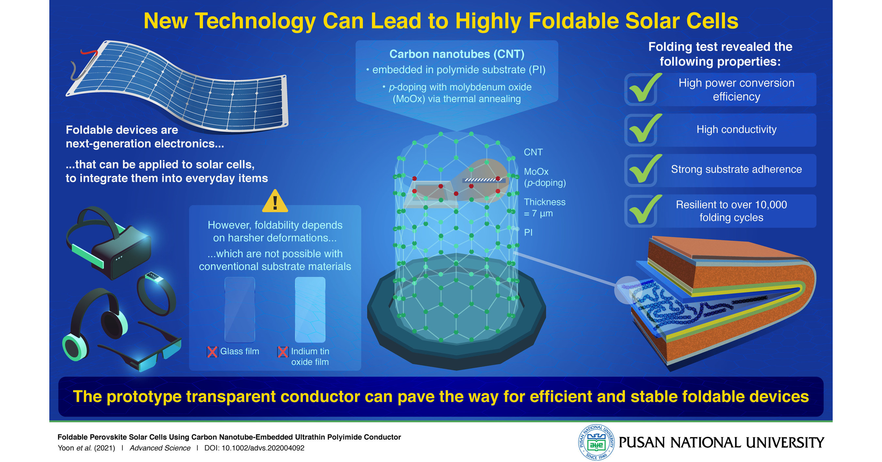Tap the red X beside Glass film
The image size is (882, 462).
(x=212, y=352)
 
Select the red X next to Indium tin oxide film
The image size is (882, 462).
(x=283, y=352)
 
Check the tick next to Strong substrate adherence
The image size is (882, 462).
(x=644, y=169)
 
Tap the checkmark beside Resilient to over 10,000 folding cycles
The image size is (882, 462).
(x=644, y=209)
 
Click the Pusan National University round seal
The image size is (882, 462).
(x=596, y=442)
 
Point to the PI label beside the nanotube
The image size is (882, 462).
(x=528, y=233)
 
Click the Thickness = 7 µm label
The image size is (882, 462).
(x=545, y=207)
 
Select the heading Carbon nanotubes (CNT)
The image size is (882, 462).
(x=457, y=54)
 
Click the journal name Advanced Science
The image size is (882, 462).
(x=160, y=448)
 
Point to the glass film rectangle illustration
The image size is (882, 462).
(x=240, y=310)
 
